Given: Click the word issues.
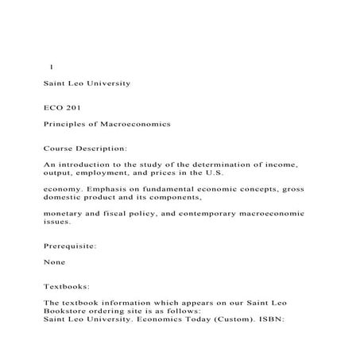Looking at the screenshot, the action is pos(57,223).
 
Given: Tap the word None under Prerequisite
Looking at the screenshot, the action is pos(55,262).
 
